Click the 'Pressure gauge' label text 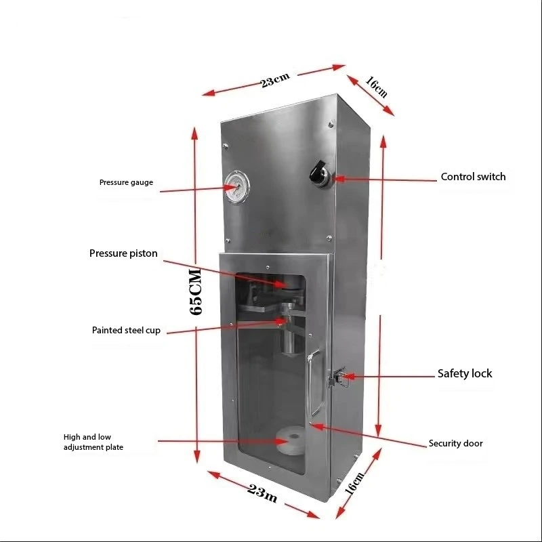[x=126, y=182]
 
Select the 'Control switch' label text [x=473, y=177]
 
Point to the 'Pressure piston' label [x=123, y=253]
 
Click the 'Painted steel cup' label [x=126, y=331]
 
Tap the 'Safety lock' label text [x=464, y=373]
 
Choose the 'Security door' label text [x=455, y=444]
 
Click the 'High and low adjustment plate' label [x=93, y=442]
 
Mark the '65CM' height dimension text [x=196, y=292]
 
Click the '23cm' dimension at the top [x=274, y=79]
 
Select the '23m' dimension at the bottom [x=260, y=494]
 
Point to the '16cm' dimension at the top [x=376, y=87]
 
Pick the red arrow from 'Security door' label [x=366, y=435]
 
